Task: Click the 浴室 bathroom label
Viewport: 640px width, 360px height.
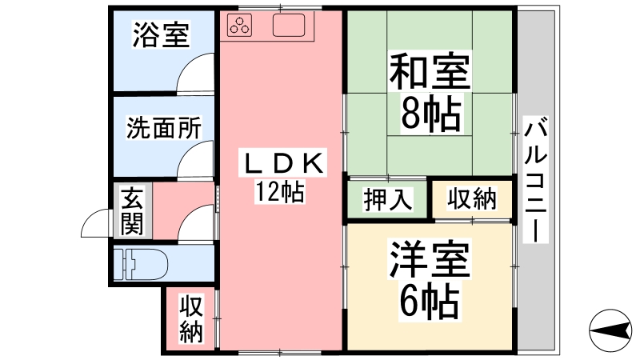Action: click(x=162, y=34)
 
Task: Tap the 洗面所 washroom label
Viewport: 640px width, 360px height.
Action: click(x=164, y=128)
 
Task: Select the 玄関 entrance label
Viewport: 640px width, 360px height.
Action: click(x=132, y=211)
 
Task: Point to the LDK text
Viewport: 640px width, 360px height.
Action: click(x=283, y=163)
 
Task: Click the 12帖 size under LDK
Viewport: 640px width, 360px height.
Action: click(x=280, y=191)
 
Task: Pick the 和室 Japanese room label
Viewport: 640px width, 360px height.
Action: click(x=430, y=72)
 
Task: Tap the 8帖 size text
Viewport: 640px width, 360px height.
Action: click(x=431, y=113)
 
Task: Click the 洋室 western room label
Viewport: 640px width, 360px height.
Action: click(x=430, y=259)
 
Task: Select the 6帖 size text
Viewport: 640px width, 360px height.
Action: click(x=430, y=302)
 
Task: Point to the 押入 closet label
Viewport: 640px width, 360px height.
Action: click(x=387, y=199)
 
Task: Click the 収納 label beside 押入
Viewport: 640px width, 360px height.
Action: click(x=472, y=198)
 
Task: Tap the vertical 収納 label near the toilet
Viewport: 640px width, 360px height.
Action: click(x=191, y=318)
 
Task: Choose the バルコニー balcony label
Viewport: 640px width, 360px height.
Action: click(x=535, y=179)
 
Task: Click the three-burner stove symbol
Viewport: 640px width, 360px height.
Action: click(x=240, y=25)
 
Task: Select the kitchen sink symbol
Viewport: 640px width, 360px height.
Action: click(x=289, y=26)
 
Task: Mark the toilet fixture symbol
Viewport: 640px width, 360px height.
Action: click(x=141, y=264)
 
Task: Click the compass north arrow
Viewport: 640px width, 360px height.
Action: click(x=610, y=330)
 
